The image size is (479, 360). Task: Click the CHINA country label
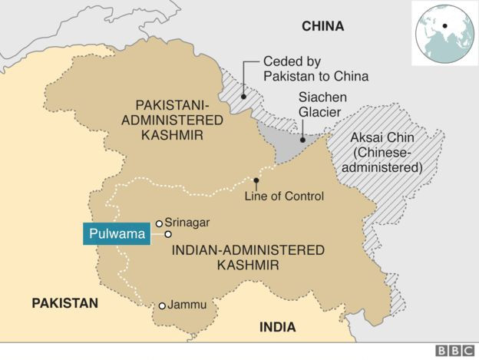click(x=322, y=26)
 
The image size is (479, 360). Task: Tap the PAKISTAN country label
click(x=65, y=303)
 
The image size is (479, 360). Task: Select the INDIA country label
click(x=277, y=327)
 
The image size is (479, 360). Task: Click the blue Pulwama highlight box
click(x=115, y=233)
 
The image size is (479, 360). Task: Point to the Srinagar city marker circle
click(x=159, y=223)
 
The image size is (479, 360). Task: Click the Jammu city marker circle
click(x=162, y=306)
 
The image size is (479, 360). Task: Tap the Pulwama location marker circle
click(x=167, y=233)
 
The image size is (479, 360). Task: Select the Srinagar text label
click(x=187, y=223)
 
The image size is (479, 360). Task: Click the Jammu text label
click(x=187, y=305)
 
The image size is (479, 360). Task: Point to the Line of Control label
click(x=284, y=197)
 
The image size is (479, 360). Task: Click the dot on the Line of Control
click(x=256, y=181)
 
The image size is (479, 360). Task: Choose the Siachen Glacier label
click(x=322, y=105)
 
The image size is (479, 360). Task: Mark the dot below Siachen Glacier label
click(x=302, y=140)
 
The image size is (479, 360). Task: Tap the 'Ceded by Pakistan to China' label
click(x=315, y=69)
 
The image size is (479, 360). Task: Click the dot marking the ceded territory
click(x=243, y=97)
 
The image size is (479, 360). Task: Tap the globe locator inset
click(x=444, y=32)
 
